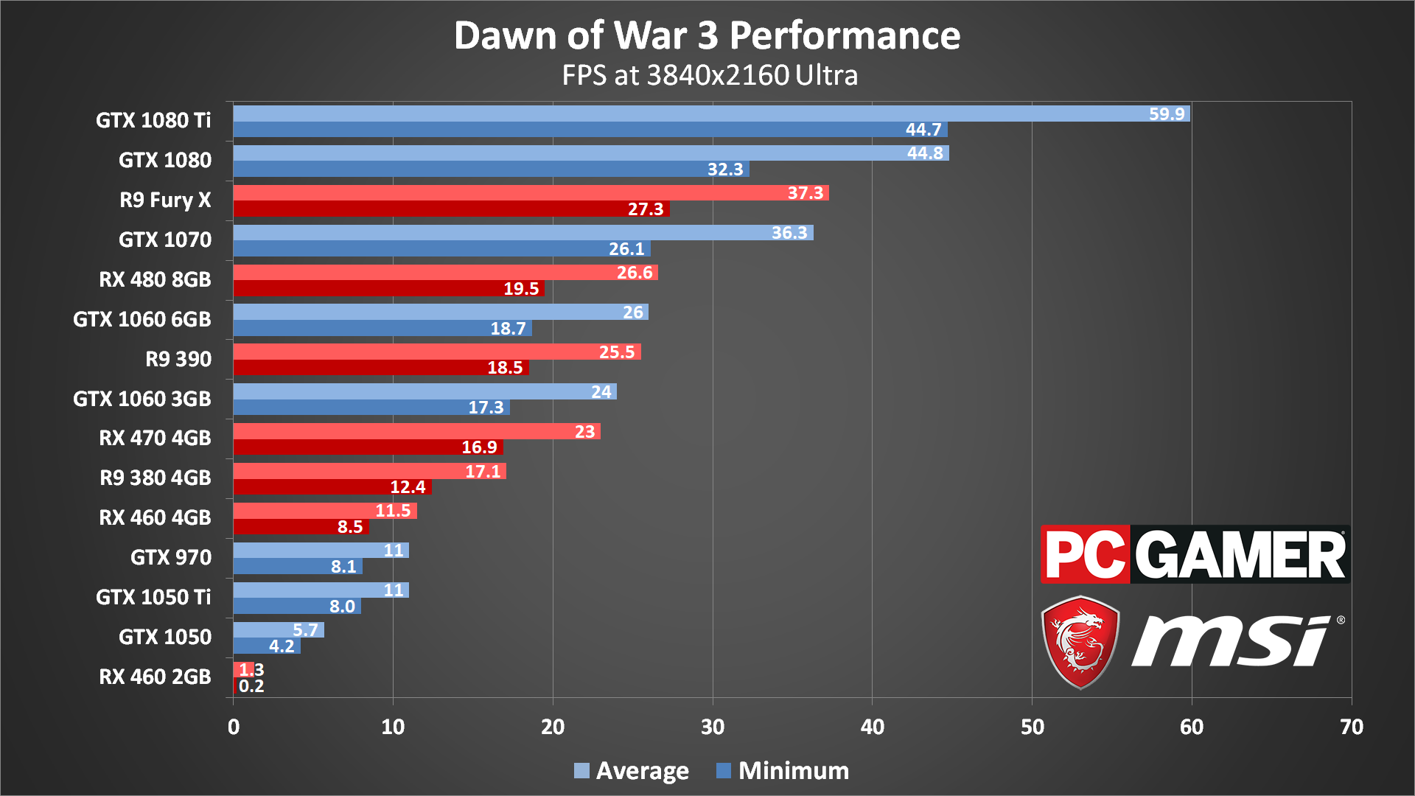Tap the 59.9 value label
(1167, 114)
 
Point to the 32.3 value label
(725, 170)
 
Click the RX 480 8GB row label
(155, 279)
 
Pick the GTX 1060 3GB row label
(141, 399)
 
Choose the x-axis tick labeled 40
(872, 727)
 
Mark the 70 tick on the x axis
(1351, 727)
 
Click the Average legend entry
(632, 771)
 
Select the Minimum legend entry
(783, 771)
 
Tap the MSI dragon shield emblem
(1080, 642)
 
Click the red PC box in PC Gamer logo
(1085, 555)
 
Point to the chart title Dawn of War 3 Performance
(707, 35)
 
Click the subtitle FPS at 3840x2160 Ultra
(710, 75)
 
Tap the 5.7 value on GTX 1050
(305, 630)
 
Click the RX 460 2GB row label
(155, 677)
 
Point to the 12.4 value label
(408, 487)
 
